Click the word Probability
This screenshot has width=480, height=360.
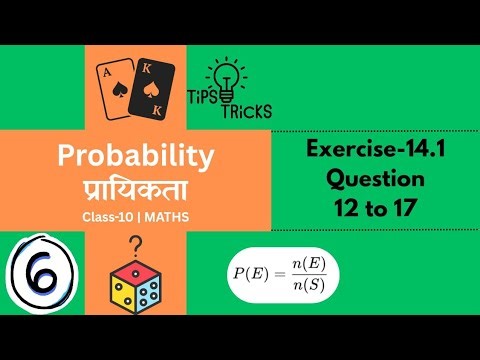(x=136, y=155)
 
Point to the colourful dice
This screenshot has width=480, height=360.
(x=136, y=286)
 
